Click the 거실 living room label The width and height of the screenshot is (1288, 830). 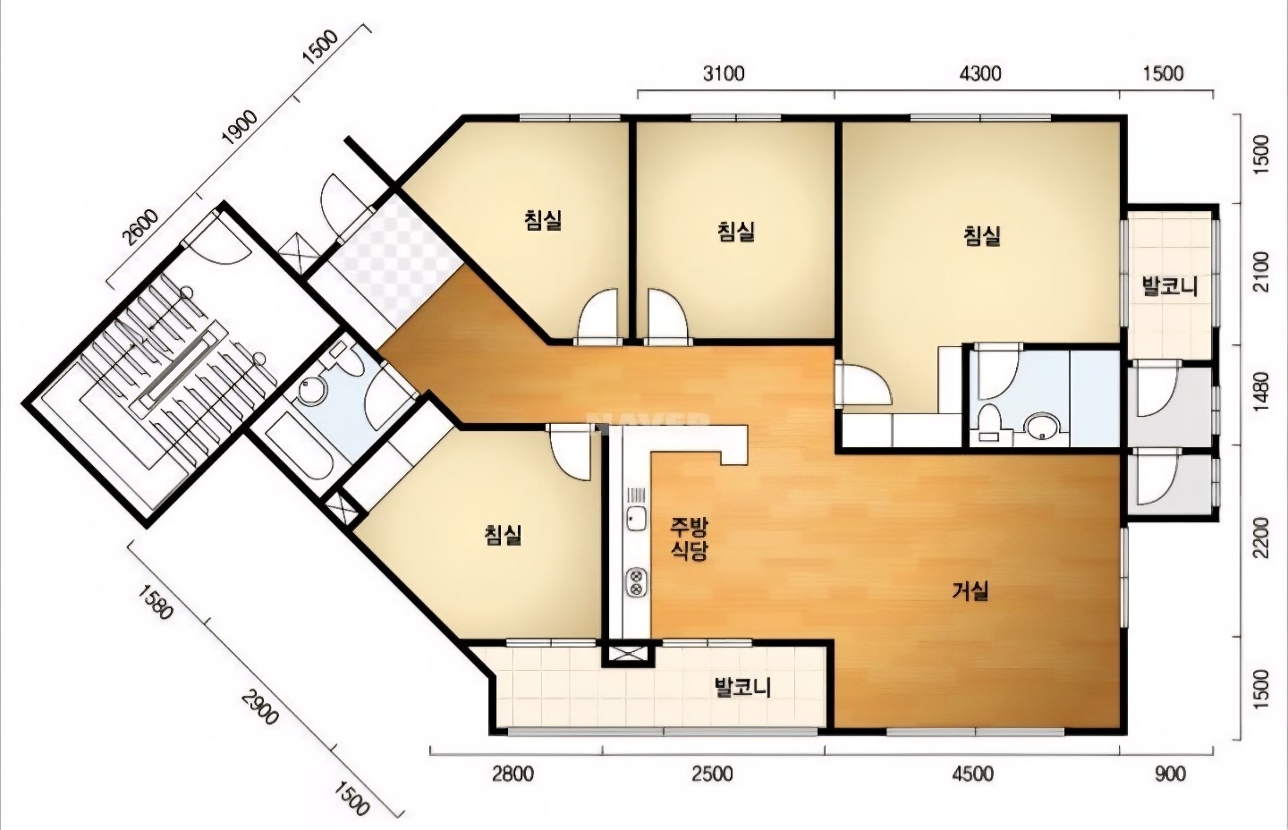pyautogui.click(x=970, y=591)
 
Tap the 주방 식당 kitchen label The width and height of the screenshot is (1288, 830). pyautogui.click(x=690, y=538)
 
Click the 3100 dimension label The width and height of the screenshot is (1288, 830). pyautogui.click(x=724, y=73)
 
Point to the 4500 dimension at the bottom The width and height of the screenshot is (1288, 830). pyautogui.click(x=972, y=775)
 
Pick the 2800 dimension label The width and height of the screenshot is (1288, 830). pyautogui.click(x=513, y=775)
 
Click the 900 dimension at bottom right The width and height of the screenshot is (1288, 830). pyautogui.click(x=1170, y=775)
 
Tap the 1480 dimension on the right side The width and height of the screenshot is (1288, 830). pyautogui.click(x=1260, y=392)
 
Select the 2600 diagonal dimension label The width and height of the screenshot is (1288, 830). pyautogui.click(x=141, y=228)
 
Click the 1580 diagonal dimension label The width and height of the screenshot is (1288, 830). pyautogui.click(x=156, y=603)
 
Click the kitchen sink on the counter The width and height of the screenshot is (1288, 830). pyautogui.click(x=636, y=520)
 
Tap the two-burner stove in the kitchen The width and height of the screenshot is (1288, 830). pyautogui.click(x=637, y=581)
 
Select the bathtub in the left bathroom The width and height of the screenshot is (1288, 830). pyautogui.click(x=297, y=455)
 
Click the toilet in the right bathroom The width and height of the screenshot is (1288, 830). pyautogui.click(x=990, y=422)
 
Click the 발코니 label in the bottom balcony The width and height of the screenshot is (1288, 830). pyautogui.click(x=742, y=688)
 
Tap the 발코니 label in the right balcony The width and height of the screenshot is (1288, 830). pyautogui.click(x=1169, y=286)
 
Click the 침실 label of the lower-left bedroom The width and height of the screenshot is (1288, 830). pyautogui.click(x=503, y=535)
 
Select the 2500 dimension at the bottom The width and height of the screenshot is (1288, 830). pyautogui.click(x=712, y=775)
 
